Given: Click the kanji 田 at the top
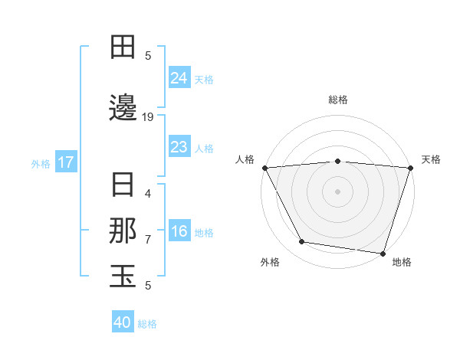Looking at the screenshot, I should (x=123, y=47).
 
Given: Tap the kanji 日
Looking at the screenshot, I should (x=123, y=185).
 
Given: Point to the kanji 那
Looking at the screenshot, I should (x=123, y=231).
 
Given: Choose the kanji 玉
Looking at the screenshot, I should (x=123, y=277).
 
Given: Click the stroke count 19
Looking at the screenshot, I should (x=149, y=117).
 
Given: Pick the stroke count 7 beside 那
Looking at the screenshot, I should (x=148, y=240).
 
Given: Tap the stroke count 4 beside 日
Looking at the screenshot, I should (x=148, y=194).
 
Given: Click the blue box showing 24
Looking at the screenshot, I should (x=179, y=78).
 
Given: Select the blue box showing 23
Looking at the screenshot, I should (x=179, y=147).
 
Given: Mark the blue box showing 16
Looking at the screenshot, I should (x=179, y=231).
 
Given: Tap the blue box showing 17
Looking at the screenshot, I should (x=65, y=162).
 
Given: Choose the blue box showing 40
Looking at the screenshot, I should (x=123, y=322).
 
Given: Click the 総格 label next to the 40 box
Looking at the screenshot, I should (x=148, y=324).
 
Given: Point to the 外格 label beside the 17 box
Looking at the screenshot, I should (x=41, y=163).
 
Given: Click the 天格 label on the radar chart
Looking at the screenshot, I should (x=431, y=159).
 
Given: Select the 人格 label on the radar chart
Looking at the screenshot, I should (x=244, y=159).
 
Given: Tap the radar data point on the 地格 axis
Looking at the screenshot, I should (x=383, y=253).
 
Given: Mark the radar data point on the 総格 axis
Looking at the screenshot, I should (x=337, y=161).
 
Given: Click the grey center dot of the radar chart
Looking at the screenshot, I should (x=337, y=191).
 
